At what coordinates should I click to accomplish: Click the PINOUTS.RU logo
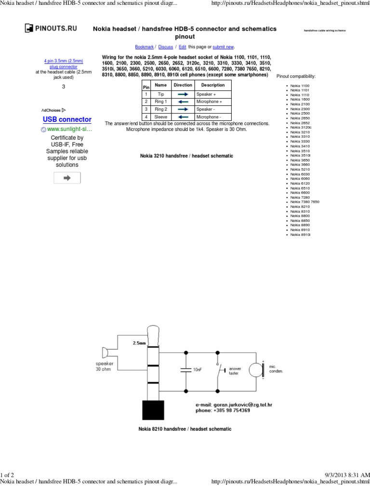coord(52,29)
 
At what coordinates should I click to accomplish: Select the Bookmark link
coord(144,47)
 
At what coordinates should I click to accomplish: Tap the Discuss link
coord(165,47)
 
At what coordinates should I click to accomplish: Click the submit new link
coord(223,47)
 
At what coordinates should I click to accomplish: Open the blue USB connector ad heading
coord(67,119)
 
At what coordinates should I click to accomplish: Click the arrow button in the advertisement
coord(67,178)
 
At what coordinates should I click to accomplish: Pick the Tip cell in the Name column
coord(160,94)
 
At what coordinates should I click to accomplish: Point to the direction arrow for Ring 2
coord(183,109)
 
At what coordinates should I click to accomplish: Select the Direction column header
coord(183,85)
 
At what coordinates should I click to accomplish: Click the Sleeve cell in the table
coord(160,117)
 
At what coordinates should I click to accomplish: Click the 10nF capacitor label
coord(198,370)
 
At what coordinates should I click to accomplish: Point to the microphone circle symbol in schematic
coord(255,370)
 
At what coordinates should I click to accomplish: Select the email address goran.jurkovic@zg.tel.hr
coord(234,405)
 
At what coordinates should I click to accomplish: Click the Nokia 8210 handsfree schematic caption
coord(185,428)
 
